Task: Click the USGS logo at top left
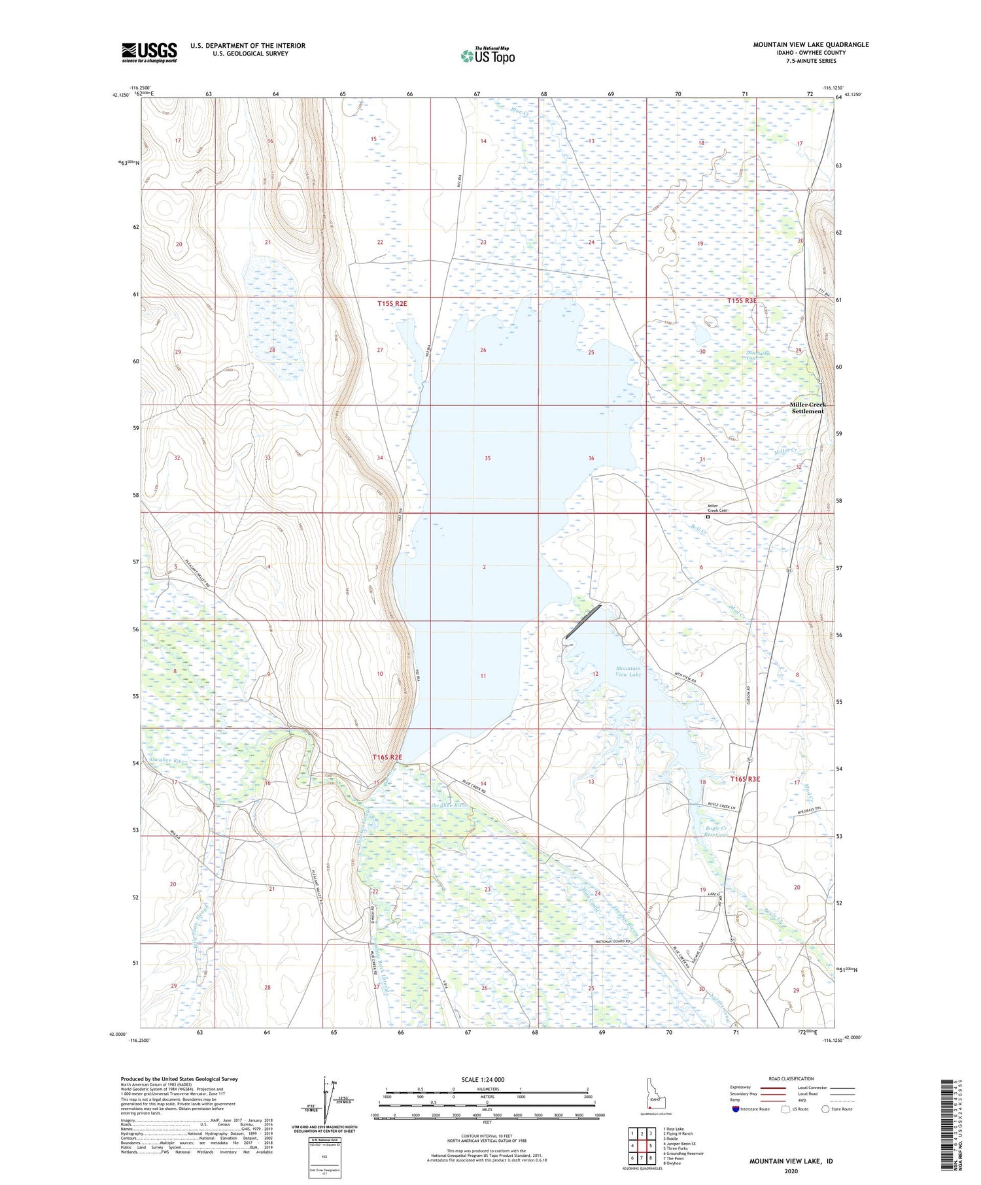[x=149, y=52]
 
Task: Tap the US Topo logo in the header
[x=488, y=56]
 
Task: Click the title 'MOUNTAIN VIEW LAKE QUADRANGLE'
[x=811, y=44]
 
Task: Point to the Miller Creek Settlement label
[x=808, y=408]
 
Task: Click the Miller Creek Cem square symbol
[x=708, y=517]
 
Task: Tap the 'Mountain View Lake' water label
[x=628, y=672]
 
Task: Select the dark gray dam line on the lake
[x=583, y=622]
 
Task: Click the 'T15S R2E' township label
[x=392, y=304]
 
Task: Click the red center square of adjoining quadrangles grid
[x=651, y=1145]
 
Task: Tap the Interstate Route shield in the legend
[x=736, y=1109]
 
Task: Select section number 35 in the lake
[x=487, y=459]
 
